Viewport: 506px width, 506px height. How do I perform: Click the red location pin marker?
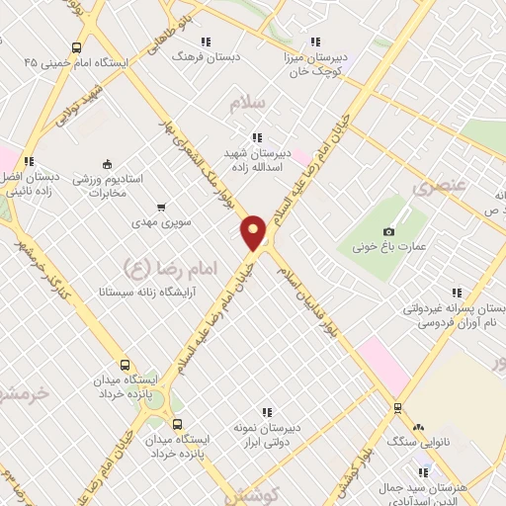[254, 232]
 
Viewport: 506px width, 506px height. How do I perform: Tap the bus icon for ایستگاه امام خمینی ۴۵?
[77, 47]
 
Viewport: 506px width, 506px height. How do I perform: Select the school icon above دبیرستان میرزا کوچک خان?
[314, 42]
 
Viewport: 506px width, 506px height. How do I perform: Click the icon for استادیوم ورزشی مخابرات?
[107, 165]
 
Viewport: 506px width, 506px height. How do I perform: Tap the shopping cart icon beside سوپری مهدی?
[160, 208]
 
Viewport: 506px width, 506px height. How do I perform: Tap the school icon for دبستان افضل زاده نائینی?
[30, 161]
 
